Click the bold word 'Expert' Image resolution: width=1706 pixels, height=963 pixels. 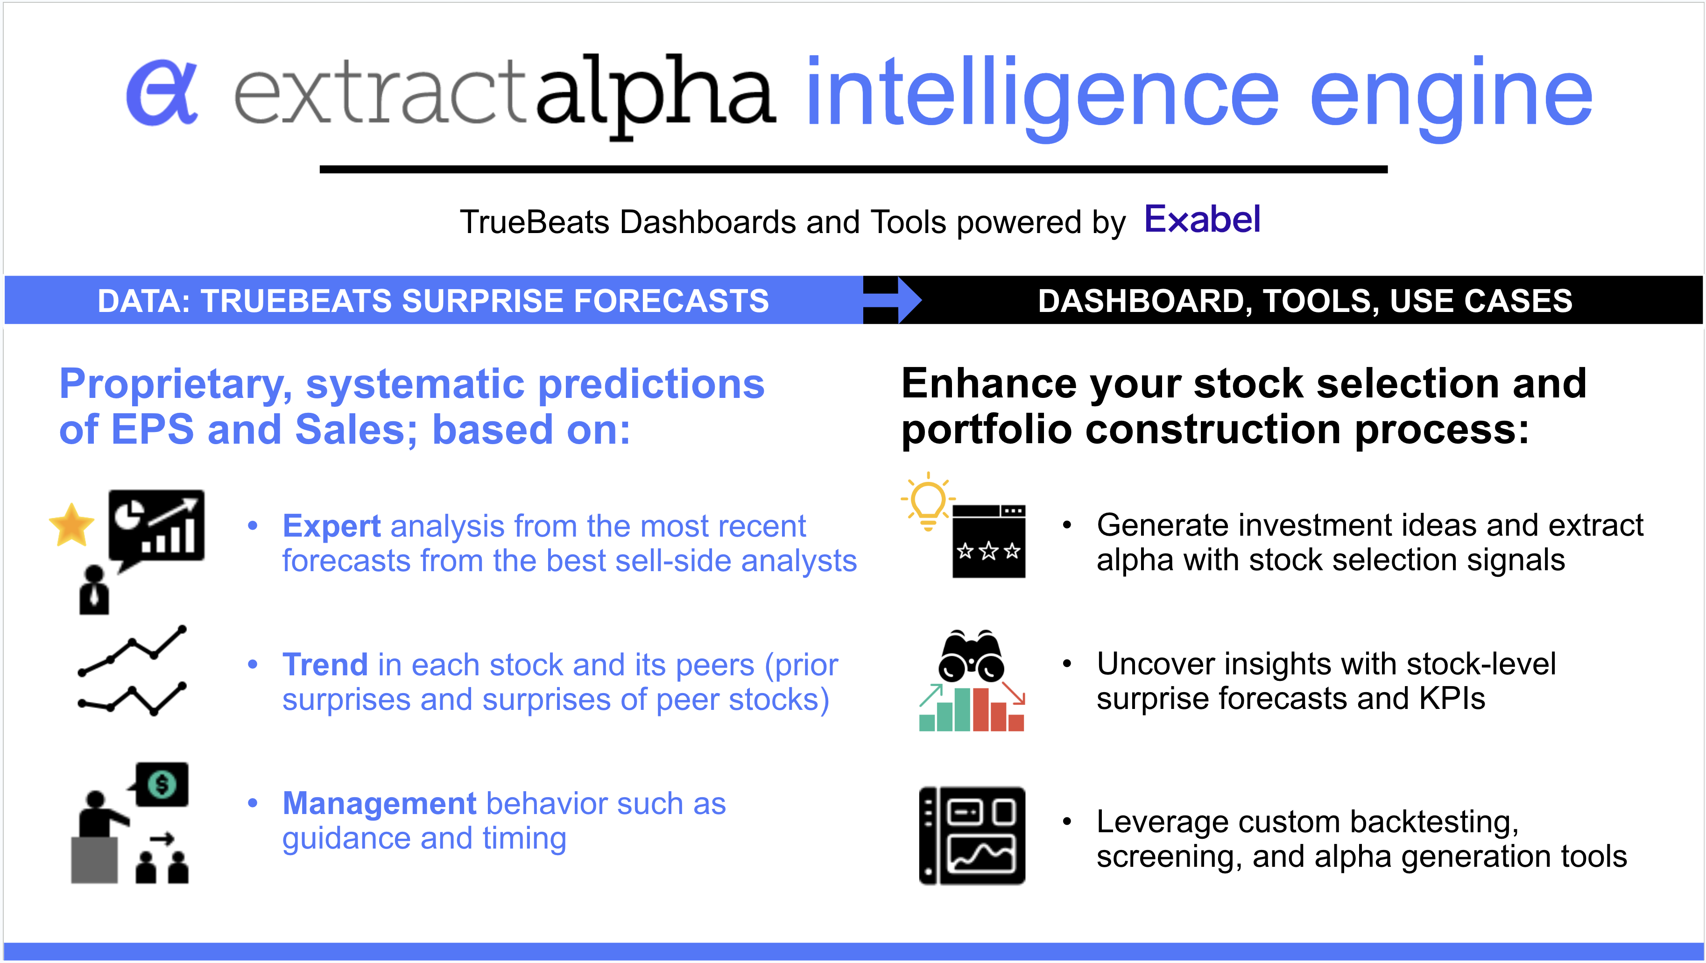coord(331,526)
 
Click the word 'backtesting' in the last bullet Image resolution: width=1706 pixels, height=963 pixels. coord(1431,822)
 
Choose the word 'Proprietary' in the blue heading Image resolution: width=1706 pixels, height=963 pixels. coord(176,385)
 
